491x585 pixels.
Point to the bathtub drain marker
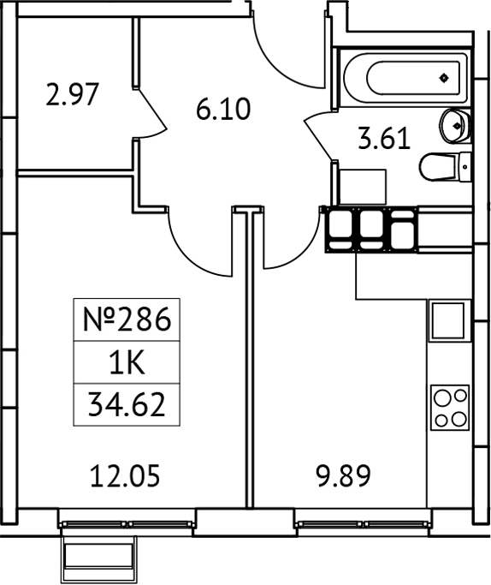[443, 79]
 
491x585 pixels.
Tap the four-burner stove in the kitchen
[450, 408]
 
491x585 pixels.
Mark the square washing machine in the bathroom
[363, 187]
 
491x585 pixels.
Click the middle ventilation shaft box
[370, 230]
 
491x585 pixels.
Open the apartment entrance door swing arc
[287, 51]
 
